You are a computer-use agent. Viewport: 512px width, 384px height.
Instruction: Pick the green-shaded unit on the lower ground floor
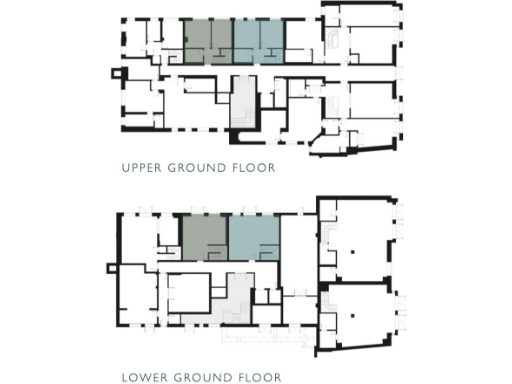point(204,238)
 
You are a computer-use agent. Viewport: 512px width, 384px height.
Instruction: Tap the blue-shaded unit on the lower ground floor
point(253,238)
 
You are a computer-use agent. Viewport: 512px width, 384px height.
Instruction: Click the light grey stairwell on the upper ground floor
point(241,105)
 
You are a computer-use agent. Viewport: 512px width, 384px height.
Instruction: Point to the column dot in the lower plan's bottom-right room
point(355,317)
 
